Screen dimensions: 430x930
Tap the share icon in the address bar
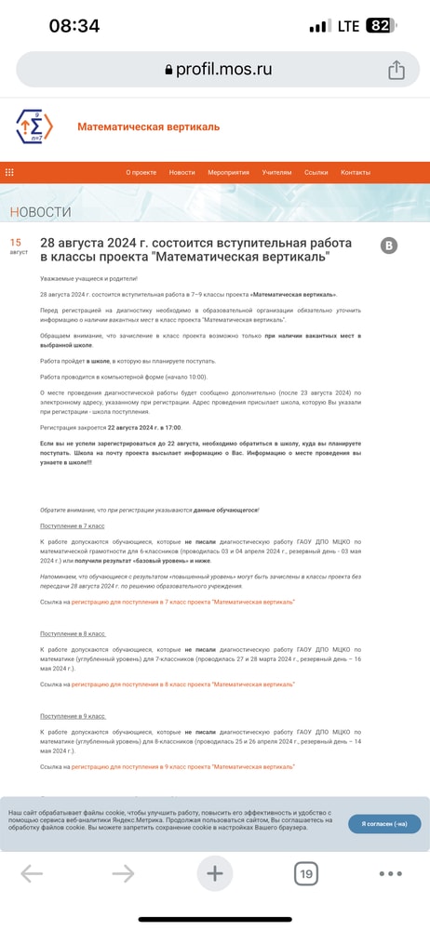click(x=396, y=70)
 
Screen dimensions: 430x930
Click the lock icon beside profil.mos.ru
click(x=168, y=70)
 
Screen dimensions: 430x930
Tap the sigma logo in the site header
click(x=34, y=126)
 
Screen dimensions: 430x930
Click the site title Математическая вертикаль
click(x=148, y=126)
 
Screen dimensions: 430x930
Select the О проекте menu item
click(x=141, y=172)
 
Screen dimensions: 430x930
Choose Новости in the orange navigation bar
click(x=182, y=172)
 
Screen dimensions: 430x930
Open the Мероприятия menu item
click(x=228, y=172)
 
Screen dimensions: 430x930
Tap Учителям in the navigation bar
click(x=276, y=172)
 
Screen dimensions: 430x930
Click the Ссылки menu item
click(x=316, y=172)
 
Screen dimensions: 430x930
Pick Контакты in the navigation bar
click(x=356, y=172)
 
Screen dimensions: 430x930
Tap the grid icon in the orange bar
click(x=10, y=172)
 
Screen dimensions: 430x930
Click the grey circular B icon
click(x=390, y=246)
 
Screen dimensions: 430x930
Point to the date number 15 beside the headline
click(x=17, y=244)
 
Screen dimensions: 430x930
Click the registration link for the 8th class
click(x=183, y=684)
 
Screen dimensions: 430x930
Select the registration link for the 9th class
click(x=183, y=766)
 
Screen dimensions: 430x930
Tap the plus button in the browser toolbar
click(x=215, y=874)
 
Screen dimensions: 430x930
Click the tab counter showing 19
click(x=306, y=874)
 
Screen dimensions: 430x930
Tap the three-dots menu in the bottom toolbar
click(x=391, y=874)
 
